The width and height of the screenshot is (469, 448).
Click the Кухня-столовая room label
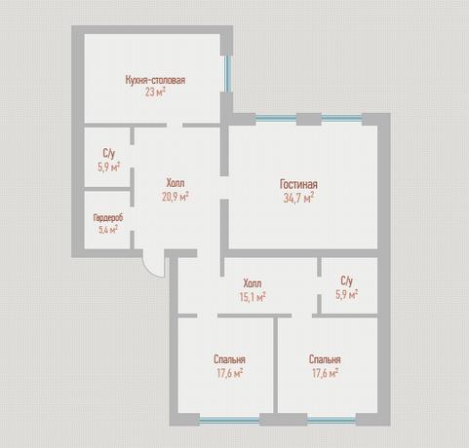(x=155, y=80)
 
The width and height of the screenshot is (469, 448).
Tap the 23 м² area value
(x=155, y=93)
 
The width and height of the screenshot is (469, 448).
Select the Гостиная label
(x=298, y=184)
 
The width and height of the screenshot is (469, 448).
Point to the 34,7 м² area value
(x=298, y=198)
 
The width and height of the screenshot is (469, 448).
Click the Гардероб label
(x=108, y=218)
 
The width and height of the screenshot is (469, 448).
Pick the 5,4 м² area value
(x=108, y=230)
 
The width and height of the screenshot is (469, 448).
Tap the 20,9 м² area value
(x=176, y=197)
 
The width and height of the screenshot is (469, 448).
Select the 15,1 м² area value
(x=253, y=297)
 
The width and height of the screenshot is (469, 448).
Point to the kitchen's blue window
(x=228, y=74)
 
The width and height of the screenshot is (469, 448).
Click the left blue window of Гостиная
(x=276, y=119)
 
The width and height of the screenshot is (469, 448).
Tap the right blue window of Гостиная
(x=341, y=119)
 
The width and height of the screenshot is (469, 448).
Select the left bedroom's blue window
(x=229, y=421)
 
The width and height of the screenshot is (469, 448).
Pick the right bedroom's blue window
(x=332, y=421)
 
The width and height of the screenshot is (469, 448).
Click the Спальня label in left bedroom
(x=229, y=359)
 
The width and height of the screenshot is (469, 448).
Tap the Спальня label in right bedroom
(x=325, y=359)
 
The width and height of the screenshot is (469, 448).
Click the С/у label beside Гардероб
(x=108, y=153)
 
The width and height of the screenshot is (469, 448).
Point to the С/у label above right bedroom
(x=347, y=280)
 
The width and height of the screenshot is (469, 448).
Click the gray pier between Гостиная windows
(x=309, y=120)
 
